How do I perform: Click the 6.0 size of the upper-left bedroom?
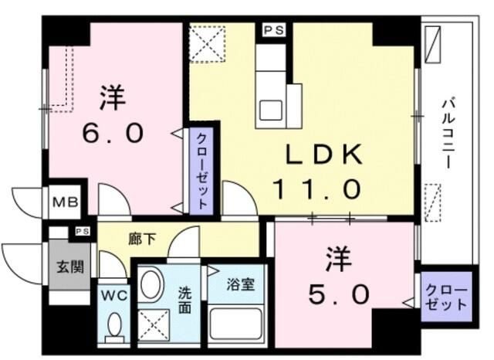point(113,133)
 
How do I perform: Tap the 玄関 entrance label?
point(64,267)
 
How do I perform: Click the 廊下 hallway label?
point(143,239)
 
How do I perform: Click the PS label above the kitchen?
point(272,30)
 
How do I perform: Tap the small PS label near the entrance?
point(81,230)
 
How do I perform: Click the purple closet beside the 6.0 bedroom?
point(199,168)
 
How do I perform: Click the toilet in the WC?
point(115,325)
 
